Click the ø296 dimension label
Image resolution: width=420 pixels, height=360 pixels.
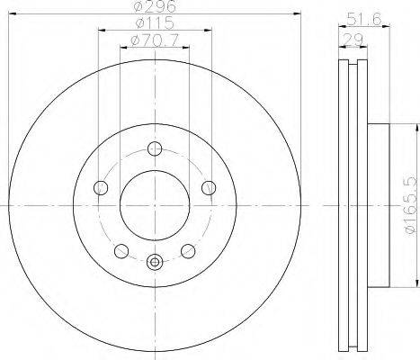tap(154, 6)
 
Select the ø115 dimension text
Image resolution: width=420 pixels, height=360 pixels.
tap(155, 22)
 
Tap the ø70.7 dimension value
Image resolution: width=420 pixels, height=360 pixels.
tap(155, 40)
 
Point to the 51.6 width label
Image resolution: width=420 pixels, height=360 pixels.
tap(364, 20)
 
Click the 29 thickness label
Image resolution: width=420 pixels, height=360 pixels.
tap(353, 40)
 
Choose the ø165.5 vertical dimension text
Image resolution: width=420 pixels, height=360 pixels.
tap(411, 205)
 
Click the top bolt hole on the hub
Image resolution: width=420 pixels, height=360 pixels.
tap(155, 148)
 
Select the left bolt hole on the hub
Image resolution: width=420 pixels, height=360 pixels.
tap(101, 188)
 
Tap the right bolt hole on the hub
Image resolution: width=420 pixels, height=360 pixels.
tap(209, 188)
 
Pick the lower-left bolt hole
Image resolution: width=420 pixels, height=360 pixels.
tap(121, 251)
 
